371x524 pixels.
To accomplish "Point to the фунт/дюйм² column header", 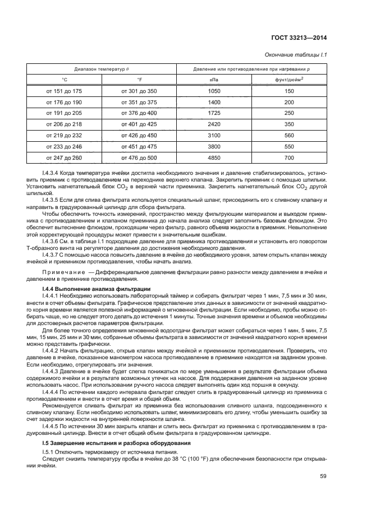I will [290, 80].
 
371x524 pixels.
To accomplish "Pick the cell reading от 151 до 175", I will [64, 91].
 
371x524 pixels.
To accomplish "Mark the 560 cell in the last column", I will [290, 135].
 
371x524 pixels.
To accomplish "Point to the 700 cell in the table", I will [290, 157].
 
